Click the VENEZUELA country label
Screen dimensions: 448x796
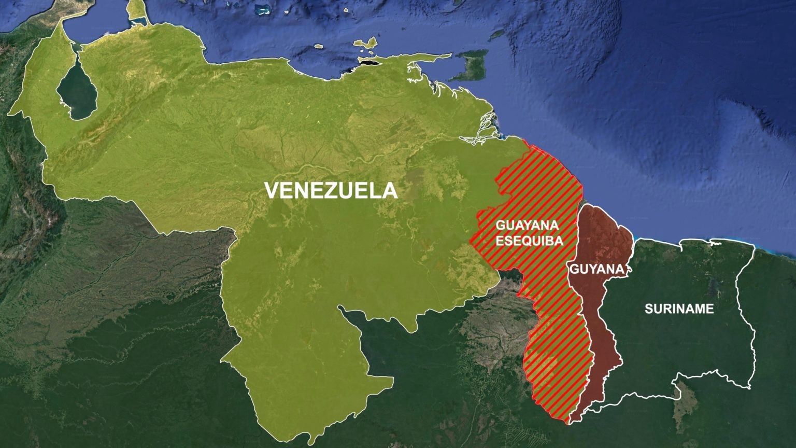[331, 190]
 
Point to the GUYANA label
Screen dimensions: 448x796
[595, 269]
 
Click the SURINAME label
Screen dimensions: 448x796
[679, 309]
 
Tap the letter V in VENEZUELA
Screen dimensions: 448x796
[272, 190]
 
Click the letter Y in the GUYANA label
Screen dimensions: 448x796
[589, 269]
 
